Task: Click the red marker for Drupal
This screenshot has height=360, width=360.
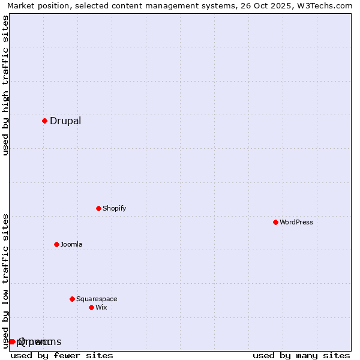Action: pyautogui.click(x=44, y=121)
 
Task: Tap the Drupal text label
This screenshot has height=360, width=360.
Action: pyautogui.click(x=65, y=121)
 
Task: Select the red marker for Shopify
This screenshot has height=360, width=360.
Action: pyautogui.click(x=98, y=208)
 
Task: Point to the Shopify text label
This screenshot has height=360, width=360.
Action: pyautogui.click(x=114, y=208)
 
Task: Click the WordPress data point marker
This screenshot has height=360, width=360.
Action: pyautogui.click(x=275, y=222)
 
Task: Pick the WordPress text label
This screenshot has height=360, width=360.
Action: pyautogui.click(x=296, y=222)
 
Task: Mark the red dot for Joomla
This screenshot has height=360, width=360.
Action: pyautogui.click(x=56, y=244)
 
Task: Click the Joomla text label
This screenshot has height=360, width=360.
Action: pyautogui.click(x=71, y=244)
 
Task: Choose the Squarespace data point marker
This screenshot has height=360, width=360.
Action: pyautogui.click(x=72, y=299)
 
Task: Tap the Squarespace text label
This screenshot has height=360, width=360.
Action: pyautogui.click(x=97, y=299)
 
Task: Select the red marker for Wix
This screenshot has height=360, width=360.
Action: pyautogui.click(x=91, y=307)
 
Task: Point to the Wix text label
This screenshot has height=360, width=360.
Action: pyautogui.click(x=101, y=307)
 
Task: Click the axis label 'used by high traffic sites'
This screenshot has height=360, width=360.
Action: pyautogui.click(x=5, y=85)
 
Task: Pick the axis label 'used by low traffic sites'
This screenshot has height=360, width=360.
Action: pyautogui.click(x=5, y=281)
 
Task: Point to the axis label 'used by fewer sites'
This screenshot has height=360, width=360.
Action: pyautogui.click(x=62, y=355)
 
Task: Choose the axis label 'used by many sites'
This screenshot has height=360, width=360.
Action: pyautogui.click(x=301, y=355)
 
